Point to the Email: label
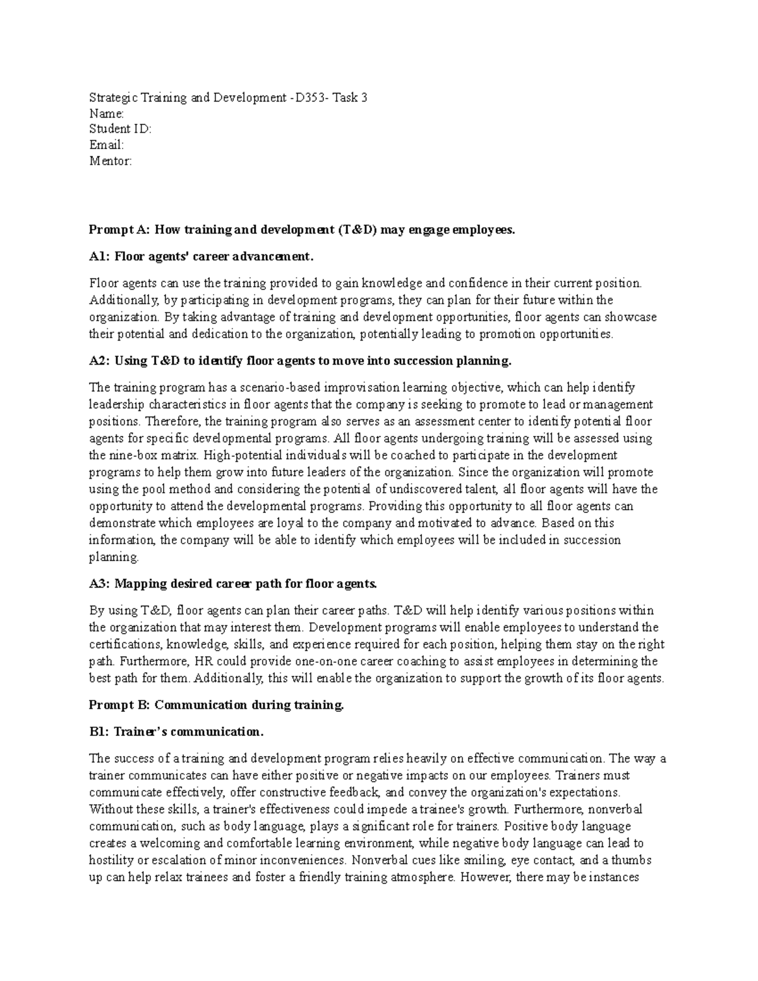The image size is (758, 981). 106,145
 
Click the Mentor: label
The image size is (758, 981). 111,161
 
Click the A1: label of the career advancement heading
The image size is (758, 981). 100,257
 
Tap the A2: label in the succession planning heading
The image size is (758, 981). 100,361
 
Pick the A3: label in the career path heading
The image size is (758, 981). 100,584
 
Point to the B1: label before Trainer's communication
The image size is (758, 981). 99,732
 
